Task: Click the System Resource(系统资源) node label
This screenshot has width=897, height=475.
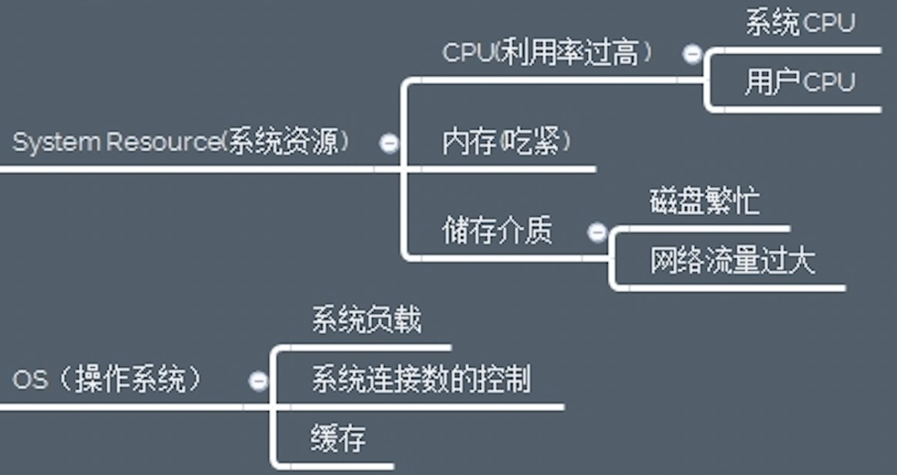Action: click(x=181, y=143)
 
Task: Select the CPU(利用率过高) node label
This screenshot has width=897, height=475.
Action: click(x=547, y=52)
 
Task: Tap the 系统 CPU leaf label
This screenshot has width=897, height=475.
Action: click(x=800, y=22)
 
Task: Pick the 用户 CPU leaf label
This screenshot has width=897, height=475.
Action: click(x=800, y=81)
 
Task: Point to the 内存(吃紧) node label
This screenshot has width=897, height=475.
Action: click(x=507, y=142)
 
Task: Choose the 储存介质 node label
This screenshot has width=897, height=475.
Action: click(x=497, y=230)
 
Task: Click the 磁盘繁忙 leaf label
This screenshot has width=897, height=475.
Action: click(x=704, y=201)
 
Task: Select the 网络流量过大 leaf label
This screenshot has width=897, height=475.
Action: click(x=733, y=261)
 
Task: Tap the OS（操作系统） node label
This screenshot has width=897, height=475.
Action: click(x=108, y=380)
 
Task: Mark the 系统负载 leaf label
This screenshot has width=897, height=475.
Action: click(x=366, y=320)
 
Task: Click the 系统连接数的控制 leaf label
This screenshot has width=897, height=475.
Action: click(x=421, y=380)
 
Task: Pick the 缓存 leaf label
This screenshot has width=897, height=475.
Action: click(x=339, y=438)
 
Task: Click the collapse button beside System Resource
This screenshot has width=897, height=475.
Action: click(x=389, y=143)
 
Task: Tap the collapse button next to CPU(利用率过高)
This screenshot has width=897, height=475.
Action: click(x=692, y=55)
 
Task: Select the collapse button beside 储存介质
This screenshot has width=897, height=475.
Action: click(x=597, y=232)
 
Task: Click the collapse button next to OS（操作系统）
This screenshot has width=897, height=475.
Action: click(x=258, y=381)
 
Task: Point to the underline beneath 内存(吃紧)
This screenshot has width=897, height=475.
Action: click(x=507, y=169)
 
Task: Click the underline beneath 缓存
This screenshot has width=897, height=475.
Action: click(x=336, y=465)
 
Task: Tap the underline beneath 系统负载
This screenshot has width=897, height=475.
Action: click(x=365, y=347)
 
